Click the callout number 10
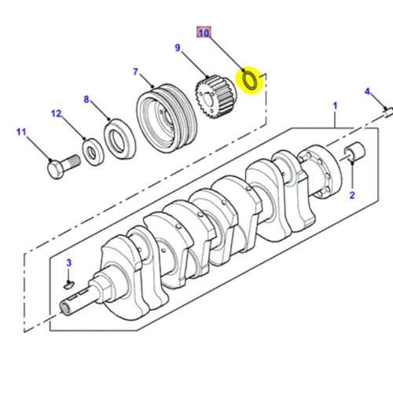click(x=204, y=34)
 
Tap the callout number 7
click(x=135, y=73)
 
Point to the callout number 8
click(x=86, y=101)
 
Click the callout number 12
click(x=56, y=115)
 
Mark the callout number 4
click(x=366, y=92)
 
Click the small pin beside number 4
click(x=387, y=109)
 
